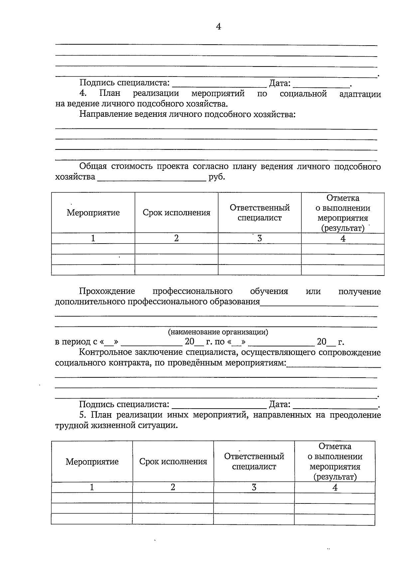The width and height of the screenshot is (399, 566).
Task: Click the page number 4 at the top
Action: click(218, 27)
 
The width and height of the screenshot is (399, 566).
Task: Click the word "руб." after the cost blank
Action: click(217, 177)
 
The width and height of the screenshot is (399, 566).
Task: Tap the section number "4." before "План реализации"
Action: click(83, 94)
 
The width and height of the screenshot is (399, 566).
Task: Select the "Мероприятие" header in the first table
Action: click(93, 213)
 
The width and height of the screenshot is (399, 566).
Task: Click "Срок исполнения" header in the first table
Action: click(177, 213)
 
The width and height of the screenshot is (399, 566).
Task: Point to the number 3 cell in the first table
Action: click(260, 239)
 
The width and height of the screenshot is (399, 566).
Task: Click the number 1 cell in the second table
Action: click(92, 487)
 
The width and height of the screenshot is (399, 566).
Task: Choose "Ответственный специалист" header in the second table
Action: click(254, 462)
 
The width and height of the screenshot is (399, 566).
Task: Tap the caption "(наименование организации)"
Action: click(218, 332)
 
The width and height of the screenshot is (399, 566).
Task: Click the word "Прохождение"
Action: click(107, 291)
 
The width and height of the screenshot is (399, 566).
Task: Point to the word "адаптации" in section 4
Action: click(360, 94)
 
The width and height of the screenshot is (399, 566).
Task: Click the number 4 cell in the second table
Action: click(335, 487)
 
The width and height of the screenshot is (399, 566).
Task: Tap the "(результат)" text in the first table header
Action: click(343, 229)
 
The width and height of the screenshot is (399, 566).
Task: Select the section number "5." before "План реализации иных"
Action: click(83, 415)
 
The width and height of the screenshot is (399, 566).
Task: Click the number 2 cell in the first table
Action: click(176, 239)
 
